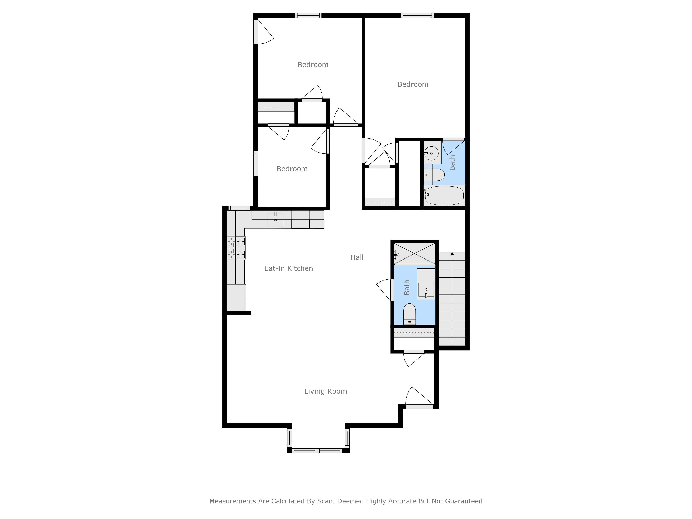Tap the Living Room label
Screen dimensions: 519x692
click(x=325, y=391)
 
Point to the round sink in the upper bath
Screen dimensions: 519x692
click(x=431, y=153)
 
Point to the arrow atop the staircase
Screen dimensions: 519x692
click(x=452, y=254)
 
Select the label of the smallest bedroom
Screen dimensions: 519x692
click(x=292, y=169)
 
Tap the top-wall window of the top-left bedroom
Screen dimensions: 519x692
click(x=308, y=15)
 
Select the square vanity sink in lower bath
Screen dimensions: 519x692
click(x=426, y=289)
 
